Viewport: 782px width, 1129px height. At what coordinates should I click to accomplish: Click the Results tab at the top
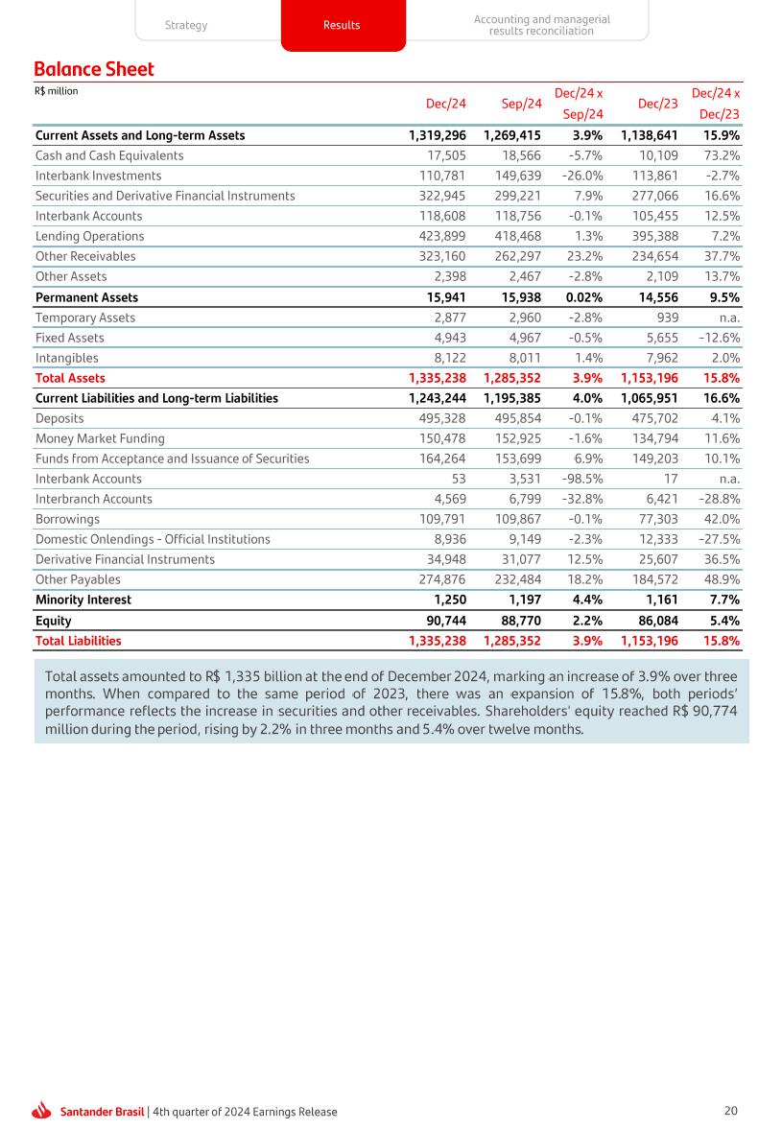[x=343, y=25]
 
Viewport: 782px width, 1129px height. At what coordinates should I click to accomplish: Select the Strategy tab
[x=186, y=25]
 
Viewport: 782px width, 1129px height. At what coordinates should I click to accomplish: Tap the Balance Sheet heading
[x=94, y=69]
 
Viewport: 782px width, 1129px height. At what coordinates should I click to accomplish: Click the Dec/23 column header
[x=658, y=103]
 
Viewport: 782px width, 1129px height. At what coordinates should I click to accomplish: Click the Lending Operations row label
[x=89, y=236]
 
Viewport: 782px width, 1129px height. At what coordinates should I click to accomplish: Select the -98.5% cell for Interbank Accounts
[x=581, y=479]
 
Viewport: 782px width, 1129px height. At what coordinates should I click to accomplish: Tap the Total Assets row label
[x=70, y=378]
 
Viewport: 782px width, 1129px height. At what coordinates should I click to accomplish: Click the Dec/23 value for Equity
[x=657, y=621]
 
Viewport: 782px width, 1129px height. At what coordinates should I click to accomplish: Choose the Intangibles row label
[x=67, y=358]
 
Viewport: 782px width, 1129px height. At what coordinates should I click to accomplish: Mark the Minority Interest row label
[x=83, y=600]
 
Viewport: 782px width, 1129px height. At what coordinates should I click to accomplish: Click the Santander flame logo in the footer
[x=41, y=1111]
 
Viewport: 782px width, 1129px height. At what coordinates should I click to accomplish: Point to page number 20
[x=730, y=1111]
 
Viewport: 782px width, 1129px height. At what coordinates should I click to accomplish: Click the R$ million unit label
[x=56, y=92]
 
